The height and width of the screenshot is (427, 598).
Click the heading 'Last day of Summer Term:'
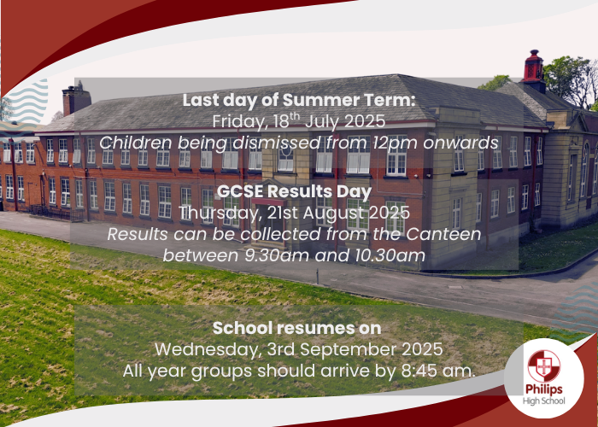(298, 100)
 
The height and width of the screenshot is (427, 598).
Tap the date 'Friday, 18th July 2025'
(299, 121)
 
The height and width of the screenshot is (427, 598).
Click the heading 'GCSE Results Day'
(294, 192)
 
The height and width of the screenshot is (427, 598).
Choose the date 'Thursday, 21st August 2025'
(295, 213)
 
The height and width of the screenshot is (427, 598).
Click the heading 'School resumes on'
(296, 328)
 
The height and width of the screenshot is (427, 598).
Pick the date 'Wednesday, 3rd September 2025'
(299, 349)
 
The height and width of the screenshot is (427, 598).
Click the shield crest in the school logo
(544, 366)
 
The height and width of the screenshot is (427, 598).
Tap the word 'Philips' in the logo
(544, 389)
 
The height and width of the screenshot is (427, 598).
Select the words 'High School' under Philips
(544, 401)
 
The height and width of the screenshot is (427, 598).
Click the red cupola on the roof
(533, 67)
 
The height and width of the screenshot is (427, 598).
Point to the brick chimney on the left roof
(76, 99)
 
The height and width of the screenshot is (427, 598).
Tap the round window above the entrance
(285, 154)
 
